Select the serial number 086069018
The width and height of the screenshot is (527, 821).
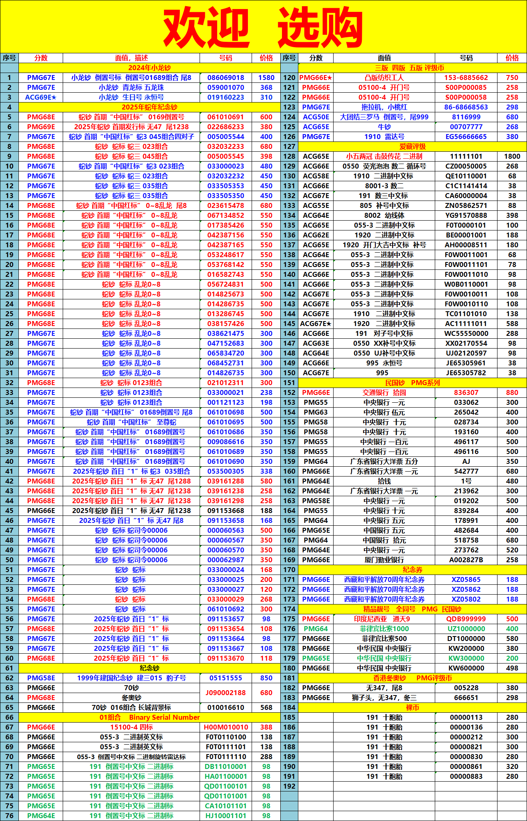(x=225, y=78)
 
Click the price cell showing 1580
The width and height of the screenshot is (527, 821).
(x=266, y=78)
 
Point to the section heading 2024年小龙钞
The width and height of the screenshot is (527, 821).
(x=150, y=68)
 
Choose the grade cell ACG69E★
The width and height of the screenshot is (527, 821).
(x=41, y=97)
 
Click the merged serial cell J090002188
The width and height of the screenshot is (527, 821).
(x=225, y=693)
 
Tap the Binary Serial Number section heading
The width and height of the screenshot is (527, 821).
(x=150, y=717)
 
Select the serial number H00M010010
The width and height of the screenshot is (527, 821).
(x=225, y=727)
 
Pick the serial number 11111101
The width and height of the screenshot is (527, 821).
(x=466, y=156)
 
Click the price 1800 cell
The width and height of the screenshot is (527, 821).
(x=512, y=156)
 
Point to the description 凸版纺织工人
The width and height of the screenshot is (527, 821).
(x=384, y=78)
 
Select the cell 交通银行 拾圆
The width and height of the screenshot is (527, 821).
(x=384, y=392)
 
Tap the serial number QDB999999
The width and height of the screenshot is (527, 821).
(x=466, y=619)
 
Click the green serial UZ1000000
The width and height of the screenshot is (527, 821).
(x=466, y=629)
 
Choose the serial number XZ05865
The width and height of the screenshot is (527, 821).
(x=466, y=579)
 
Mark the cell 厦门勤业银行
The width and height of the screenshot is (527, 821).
(x=384, y=560)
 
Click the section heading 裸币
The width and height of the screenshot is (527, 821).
(x=412, y=707)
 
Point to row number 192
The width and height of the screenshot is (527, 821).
(x=289, y=786)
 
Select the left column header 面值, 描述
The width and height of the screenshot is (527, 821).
(x=131, y=58)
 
